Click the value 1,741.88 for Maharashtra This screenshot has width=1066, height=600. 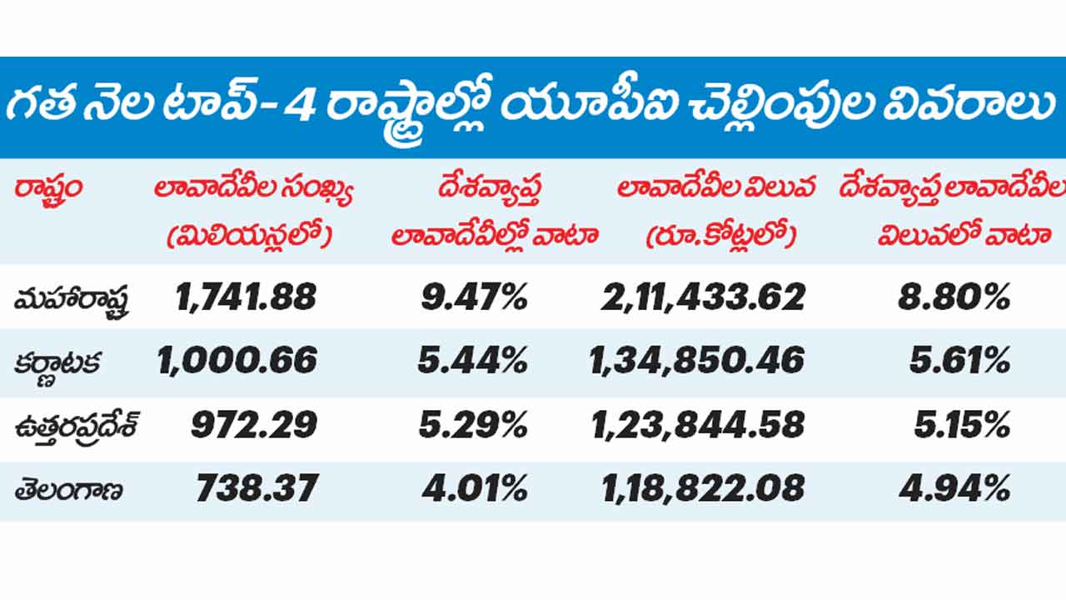[x=247, y=297]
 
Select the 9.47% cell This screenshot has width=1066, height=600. [x=474, y=297]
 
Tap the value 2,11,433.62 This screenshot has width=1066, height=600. [x=703, y=297]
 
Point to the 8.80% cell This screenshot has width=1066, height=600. [x=954, y=297]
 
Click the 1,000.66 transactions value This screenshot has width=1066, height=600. [x=237, y=361]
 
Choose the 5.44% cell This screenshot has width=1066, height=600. [x=474, y=361]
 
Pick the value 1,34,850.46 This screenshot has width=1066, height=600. [x=697, y=361]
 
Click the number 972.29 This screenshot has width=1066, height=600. [x=254, y=425]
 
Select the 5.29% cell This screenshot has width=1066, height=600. [x=474, y=425]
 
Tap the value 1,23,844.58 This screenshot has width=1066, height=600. [x=698, y=425]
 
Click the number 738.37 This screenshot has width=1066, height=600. [x=257, y=488]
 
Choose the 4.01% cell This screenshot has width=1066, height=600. [x=474, y=488]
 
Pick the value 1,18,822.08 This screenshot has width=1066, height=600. [x=703, y=488]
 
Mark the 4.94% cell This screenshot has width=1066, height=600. [x=954, y=488]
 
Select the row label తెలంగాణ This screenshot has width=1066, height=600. [x=68, y=489]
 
